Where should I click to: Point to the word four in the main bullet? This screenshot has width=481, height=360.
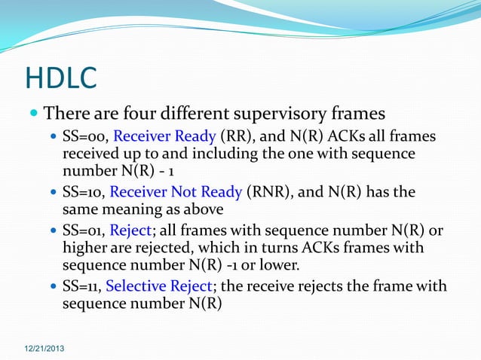[x=133, y=114]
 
